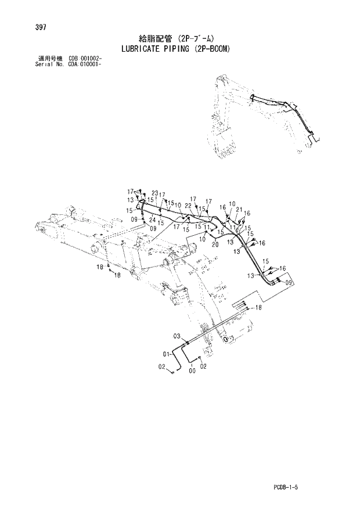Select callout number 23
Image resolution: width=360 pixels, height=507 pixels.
click(x=155, y=193)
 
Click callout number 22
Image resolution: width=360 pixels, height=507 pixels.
click(x=188, y=205)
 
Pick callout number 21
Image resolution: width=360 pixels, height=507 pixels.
click(x=239, y=209)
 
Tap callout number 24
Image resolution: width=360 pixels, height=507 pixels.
click(x=152, y=220)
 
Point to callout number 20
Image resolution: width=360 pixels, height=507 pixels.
click(x=215, y=244)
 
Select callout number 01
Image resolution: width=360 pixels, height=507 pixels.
click(x=165, y=354)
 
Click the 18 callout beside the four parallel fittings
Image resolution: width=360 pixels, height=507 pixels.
click(x=258, y=308)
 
